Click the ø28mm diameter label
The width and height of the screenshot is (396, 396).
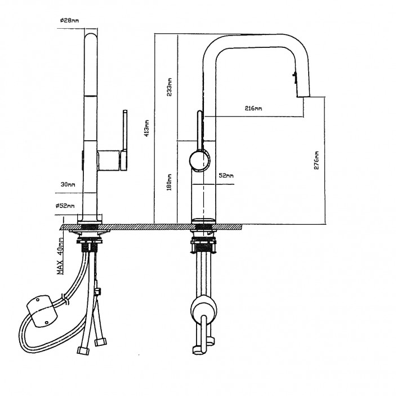(x=69, y=21)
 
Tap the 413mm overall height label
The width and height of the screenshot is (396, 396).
(x=146, y=128)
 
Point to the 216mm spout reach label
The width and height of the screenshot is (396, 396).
(x=253, y=108)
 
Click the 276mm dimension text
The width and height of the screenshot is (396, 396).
(x=317, y=160)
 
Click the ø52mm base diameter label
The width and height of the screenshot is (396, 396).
(x=66, y=207)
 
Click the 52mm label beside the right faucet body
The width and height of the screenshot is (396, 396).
(x=226, y=176)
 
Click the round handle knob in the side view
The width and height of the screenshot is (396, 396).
(x=198, y=161)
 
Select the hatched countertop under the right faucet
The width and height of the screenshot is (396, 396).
(x=225, y=226)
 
